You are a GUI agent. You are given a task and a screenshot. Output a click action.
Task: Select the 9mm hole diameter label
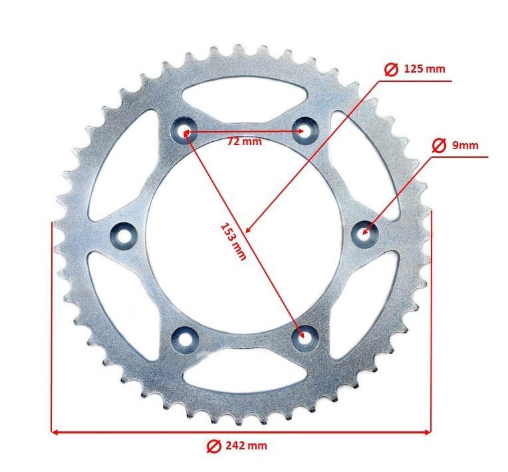[x=465, y=144]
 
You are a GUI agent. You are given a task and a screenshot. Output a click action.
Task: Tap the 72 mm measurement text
[x=245, y=141]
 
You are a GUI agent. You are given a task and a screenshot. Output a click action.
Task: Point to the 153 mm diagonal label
[x=233, y=240]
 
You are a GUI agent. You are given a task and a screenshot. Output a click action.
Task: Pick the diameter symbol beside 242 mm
[x=214, y=445]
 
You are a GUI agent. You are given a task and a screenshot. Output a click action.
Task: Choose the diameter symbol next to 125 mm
[x=392, y=69]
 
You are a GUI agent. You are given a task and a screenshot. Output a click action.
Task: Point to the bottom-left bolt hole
[x=184, y=339]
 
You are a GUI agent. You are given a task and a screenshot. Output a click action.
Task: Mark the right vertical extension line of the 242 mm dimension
[x=432, y=320]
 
